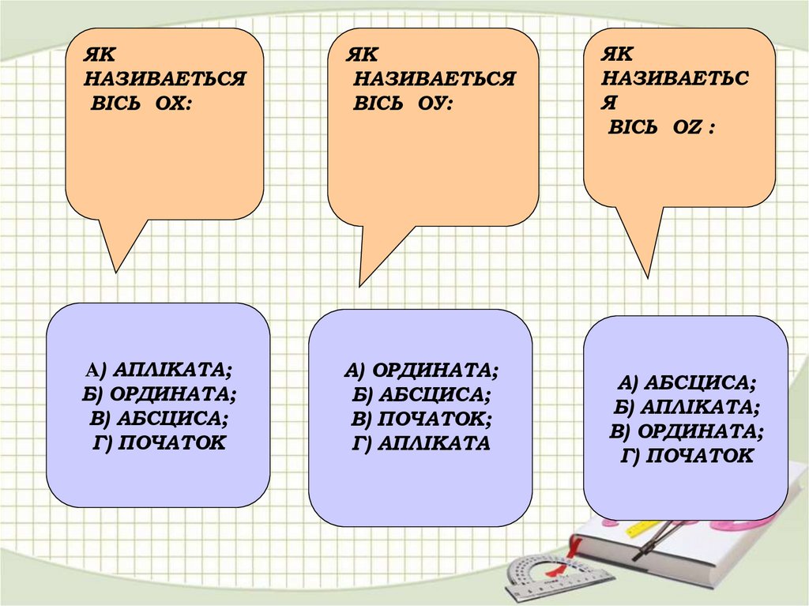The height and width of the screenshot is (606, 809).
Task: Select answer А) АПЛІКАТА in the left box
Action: tap(159, 368)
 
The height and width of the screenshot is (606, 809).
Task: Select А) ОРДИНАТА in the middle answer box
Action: tap(421, 369)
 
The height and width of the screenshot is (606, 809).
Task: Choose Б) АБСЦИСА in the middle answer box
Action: tap(421, 393)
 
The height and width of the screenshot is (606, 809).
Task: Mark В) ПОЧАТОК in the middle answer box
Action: tap(421, 418)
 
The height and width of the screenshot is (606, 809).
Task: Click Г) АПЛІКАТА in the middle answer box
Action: tap(421, 442)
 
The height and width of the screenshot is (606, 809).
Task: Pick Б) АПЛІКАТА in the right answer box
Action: tap(686, 407)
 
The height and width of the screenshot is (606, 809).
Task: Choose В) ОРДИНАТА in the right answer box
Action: tap(686, 431)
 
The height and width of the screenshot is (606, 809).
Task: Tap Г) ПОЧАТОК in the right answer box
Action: tap(686, 456)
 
